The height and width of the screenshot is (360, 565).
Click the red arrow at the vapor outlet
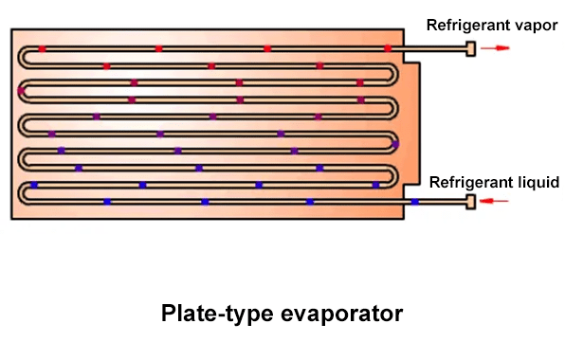(497, 47)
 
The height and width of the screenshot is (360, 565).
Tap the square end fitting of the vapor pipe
(470, 47)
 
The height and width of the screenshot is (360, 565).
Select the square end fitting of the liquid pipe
(470, 201)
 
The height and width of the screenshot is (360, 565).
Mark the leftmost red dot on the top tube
(43, 47)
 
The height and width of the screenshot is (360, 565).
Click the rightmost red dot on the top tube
(388, 47)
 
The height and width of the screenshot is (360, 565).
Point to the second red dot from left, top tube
(158, 47)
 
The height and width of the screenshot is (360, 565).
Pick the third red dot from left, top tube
(267, 47)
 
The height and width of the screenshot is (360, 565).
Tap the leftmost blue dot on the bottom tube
(107, 201)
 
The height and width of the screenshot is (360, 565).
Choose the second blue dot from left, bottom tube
(206, 201)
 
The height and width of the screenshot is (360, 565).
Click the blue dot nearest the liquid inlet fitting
(414, 201)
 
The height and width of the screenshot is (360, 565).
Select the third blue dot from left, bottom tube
(310, 201)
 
